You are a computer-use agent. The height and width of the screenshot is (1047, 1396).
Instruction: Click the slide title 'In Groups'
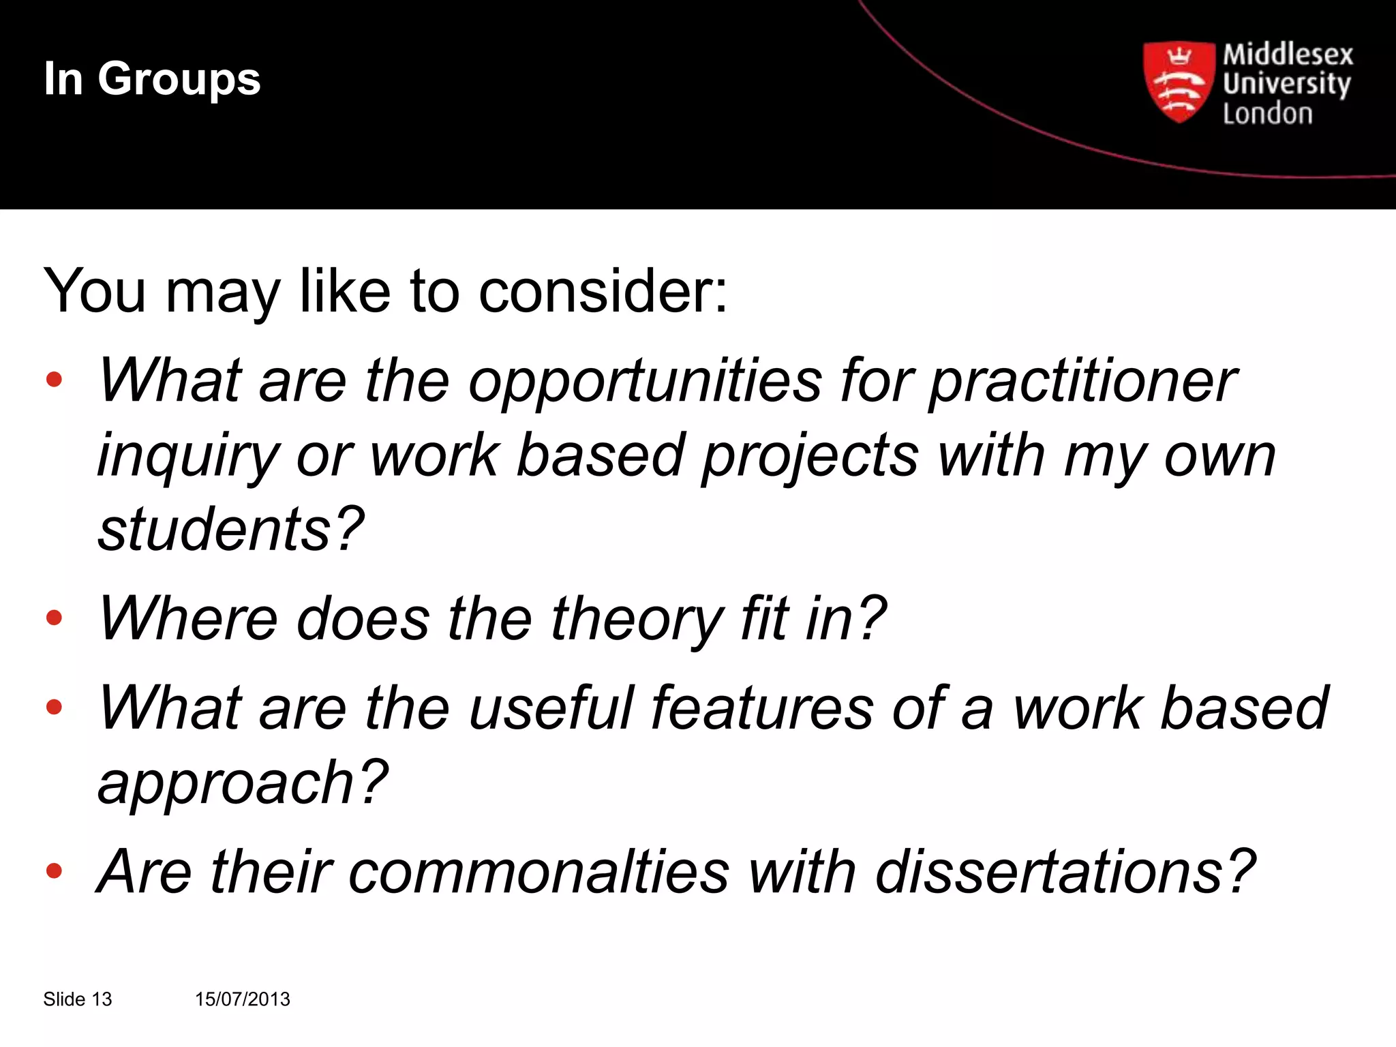152,80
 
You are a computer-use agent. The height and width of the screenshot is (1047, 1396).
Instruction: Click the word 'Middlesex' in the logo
1288,55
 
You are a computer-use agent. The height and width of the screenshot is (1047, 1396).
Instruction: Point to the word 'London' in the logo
1267,114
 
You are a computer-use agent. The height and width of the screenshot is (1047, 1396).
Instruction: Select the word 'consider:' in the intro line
603,292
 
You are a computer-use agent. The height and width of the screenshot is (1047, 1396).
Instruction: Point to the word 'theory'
637,619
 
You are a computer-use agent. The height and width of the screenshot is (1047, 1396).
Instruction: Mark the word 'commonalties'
538,872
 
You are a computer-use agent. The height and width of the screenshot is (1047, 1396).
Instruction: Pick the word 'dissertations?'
1065,872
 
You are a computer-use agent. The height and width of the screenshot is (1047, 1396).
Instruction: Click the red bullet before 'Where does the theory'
54,618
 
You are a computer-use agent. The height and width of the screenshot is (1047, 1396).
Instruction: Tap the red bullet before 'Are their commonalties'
54,870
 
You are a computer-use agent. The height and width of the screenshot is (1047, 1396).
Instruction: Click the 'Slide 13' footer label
77,999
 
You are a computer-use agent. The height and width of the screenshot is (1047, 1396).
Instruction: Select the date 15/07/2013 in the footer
242,999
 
